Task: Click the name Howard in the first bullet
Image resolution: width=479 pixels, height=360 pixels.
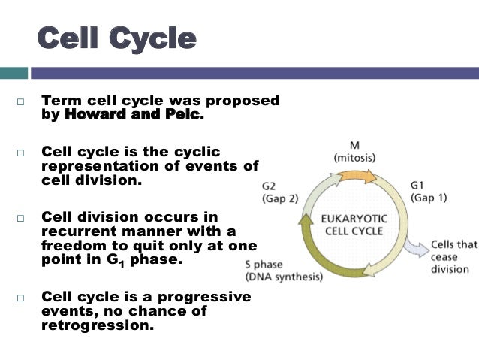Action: (91, 115)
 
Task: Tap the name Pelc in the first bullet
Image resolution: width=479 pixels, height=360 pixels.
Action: (183, 115)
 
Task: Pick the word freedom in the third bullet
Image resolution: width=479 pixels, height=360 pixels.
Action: (76, 245)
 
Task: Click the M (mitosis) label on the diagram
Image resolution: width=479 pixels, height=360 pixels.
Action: (354, 152)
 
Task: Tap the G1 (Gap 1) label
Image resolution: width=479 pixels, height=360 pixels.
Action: (429, 192)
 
